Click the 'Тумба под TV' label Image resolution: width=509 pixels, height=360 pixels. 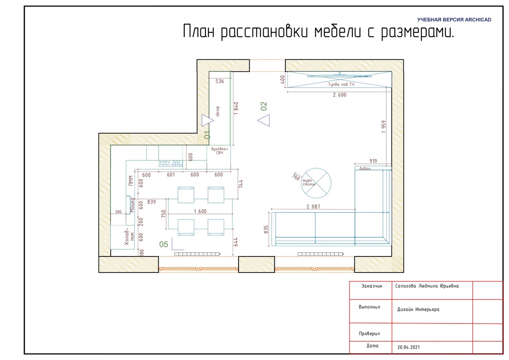click(x=341, y=84)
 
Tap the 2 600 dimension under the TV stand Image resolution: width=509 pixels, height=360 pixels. click(x=340, y=95)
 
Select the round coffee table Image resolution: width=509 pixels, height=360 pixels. click(x=316, y=183)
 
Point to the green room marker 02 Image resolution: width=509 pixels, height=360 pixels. click(x=264, y=106)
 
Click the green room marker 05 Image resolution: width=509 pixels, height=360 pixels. click(x=163, y=244)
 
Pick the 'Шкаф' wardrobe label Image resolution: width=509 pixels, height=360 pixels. click(x=217, y=111)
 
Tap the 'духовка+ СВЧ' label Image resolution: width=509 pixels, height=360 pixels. click(x=219, y=151)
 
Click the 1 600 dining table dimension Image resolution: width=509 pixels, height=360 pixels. click(x=200, y=211)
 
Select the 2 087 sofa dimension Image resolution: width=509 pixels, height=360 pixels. click(x=313, y=206)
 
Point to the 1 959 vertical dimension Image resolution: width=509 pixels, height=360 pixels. click(x=384, y=127)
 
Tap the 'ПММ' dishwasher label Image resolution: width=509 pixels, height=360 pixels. click(x=131, y=181)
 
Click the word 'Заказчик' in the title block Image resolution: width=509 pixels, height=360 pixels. click(x=372, y=286)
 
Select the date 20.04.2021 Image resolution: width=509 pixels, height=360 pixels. click(x=408, y=347)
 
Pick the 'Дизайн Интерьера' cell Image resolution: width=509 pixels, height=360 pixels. click(x=418, y=309)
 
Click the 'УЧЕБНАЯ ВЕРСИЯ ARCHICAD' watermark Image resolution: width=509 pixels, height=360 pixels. click(x=454, y=20)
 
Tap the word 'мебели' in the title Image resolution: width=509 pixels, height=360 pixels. click(x=337, y=32)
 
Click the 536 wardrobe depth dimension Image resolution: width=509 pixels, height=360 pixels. click(x=220, y=81)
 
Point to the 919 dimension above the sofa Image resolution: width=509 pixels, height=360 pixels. click(x=373, y=161)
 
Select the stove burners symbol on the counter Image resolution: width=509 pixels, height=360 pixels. click(x=171, y=163)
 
